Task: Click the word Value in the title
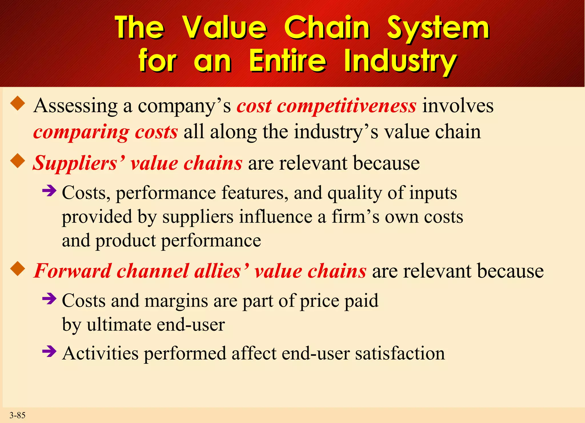pos(225,28)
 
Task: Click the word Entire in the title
pos(287,61)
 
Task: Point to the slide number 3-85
pos(17,415)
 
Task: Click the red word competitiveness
pos(346,106)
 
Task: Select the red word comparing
pos(81,132)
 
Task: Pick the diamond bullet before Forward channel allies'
pos(18,269)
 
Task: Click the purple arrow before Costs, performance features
pos(49,191)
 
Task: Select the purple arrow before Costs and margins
pos(49,299)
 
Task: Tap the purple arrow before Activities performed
pos(49,351)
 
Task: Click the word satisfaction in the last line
pos(400,353)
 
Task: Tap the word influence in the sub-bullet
pos(276,217)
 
